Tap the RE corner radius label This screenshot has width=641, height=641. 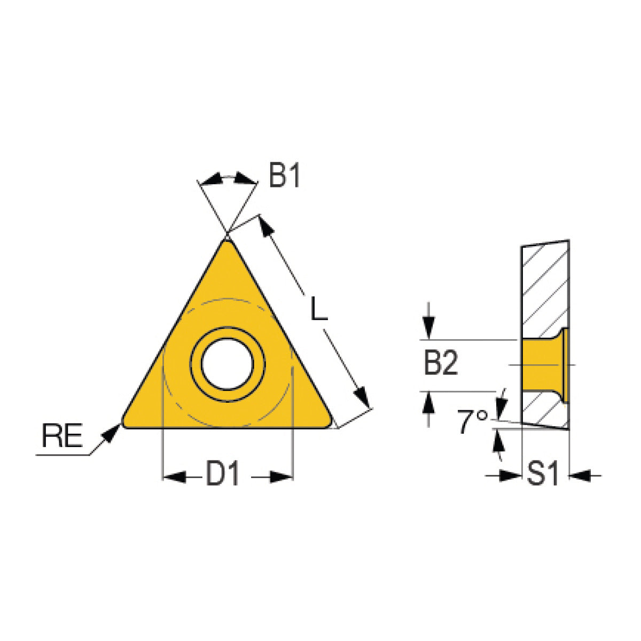pos(62,436)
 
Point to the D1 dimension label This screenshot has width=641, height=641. pos(223,474)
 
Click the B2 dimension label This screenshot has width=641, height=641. pos(441,365)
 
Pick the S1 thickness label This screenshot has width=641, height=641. pos(543,474)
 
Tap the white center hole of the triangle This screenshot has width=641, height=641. pos(228,364)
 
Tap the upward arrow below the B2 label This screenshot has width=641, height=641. pos(428,403)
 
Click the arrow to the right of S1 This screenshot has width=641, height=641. pos(580,474)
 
